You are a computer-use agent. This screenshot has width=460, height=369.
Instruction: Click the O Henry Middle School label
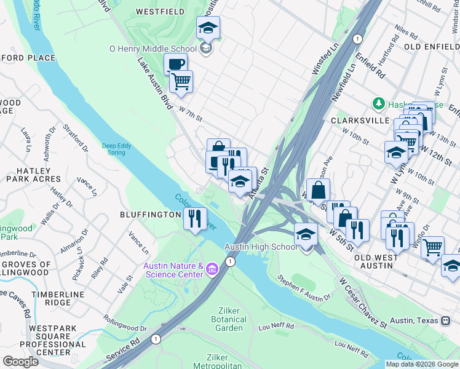(153, 49)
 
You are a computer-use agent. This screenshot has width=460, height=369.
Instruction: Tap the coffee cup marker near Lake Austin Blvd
(175, 64)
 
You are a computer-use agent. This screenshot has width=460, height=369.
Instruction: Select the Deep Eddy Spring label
(116, 149)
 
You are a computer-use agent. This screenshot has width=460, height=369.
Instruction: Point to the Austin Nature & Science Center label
(173, 269)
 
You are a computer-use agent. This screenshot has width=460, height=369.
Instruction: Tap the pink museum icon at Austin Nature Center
(212, 268)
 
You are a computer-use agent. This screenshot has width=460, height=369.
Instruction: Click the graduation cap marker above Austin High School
(306, 234)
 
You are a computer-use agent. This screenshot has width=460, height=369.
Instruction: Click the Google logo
(20, 361)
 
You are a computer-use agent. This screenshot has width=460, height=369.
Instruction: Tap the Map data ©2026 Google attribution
(421, 364)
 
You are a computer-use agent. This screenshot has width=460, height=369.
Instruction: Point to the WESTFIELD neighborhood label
(160, 11)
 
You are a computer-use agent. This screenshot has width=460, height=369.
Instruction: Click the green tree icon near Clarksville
(379, 104)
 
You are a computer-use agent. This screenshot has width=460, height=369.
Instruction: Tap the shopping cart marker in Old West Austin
(433, 247)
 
